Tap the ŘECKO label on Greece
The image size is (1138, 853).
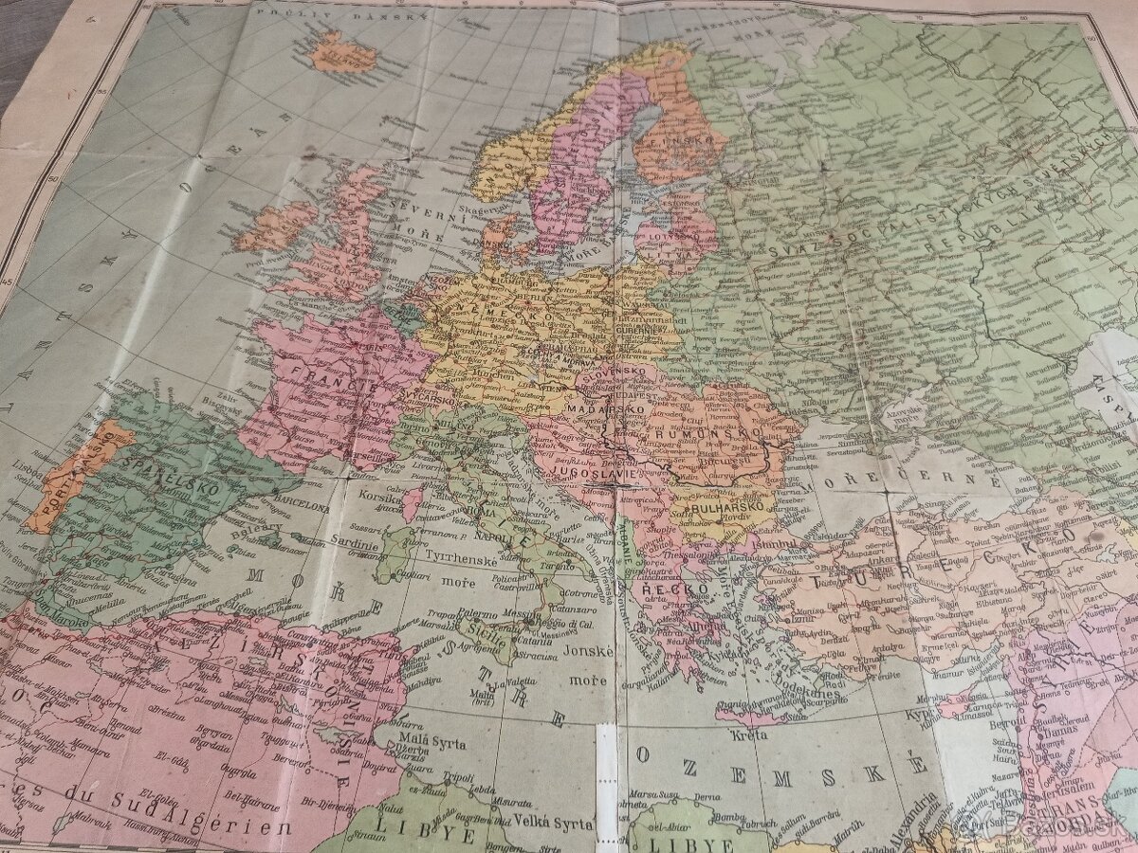point(677,589)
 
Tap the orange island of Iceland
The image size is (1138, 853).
point(341,52)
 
